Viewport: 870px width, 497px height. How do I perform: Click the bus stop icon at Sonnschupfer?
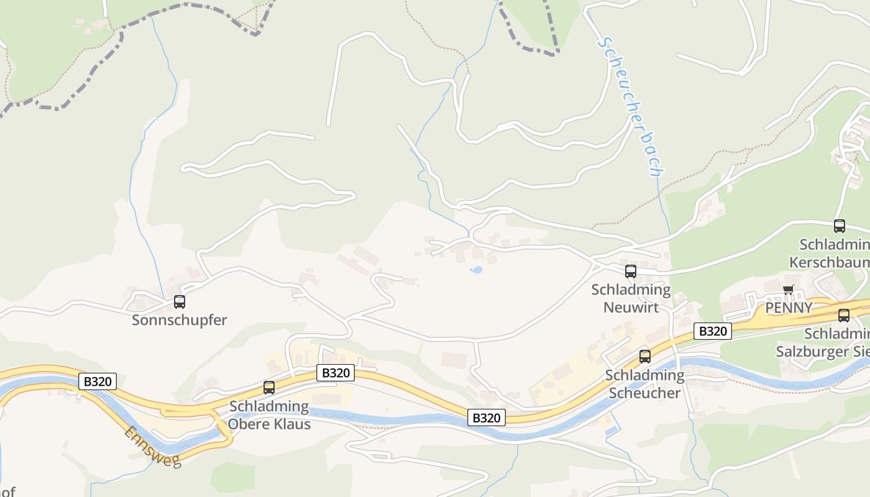tap(180, 302)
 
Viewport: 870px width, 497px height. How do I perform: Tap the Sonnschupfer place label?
tap(180, 321)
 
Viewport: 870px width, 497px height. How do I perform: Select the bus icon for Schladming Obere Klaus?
tap(269, 387)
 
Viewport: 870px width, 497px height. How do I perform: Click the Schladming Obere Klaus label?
tap(269, 415)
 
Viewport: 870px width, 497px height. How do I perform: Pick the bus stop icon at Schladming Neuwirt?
tap(631, 271)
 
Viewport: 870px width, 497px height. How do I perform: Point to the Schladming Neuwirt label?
tap(631, 298)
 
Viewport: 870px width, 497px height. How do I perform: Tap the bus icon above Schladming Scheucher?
tap(645, 356)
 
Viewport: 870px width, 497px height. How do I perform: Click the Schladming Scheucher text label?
tap(645, 384)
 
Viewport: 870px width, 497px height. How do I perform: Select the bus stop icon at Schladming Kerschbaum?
tap(840, 226)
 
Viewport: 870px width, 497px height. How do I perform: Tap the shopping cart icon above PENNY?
tap(789, 289)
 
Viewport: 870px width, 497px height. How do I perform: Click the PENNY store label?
tap(789, 308)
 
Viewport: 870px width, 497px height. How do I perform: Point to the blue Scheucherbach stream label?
tap(630, 107)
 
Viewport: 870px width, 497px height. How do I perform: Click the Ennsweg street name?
tap(152, 447)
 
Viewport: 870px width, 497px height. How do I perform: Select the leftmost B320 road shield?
tap(98, 381)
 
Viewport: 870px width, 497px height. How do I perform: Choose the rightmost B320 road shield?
tap(713, 331)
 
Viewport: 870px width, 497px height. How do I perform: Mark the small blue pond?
tap(477, 270)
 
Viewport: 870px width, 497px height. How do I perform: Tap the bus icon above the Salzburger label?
tap(844, 315)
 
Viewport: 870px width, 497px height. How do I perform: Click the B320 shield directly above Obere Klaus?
tap(336, 373)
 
